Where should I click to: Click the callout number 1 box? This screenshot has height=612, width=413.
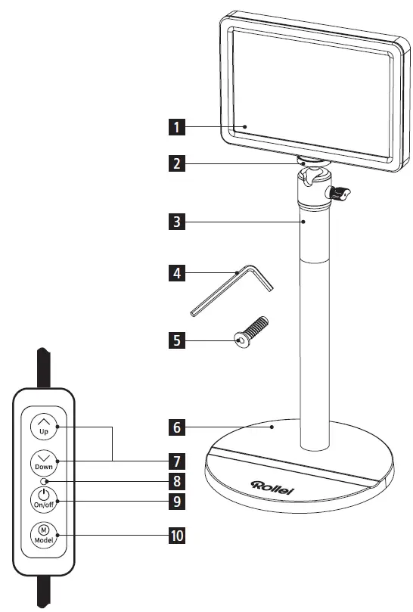click(x=175, y=128)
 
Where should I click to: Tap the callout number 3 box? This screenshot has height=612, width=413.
click(x=175, y=222)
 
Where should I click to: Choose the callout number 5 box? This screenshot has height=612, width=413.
click(x=175, y=340)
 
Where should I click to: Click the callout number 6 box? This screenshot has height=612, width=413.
click(x=175, y=427)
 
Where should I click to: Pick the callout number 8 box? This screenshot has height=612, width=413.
click(x=175, y=480)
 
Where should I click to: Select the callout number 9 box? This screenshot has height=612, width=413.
click(x=175, y=501)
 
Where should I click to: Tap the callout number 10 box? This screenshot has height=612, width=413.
click(x=175, y=537)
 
